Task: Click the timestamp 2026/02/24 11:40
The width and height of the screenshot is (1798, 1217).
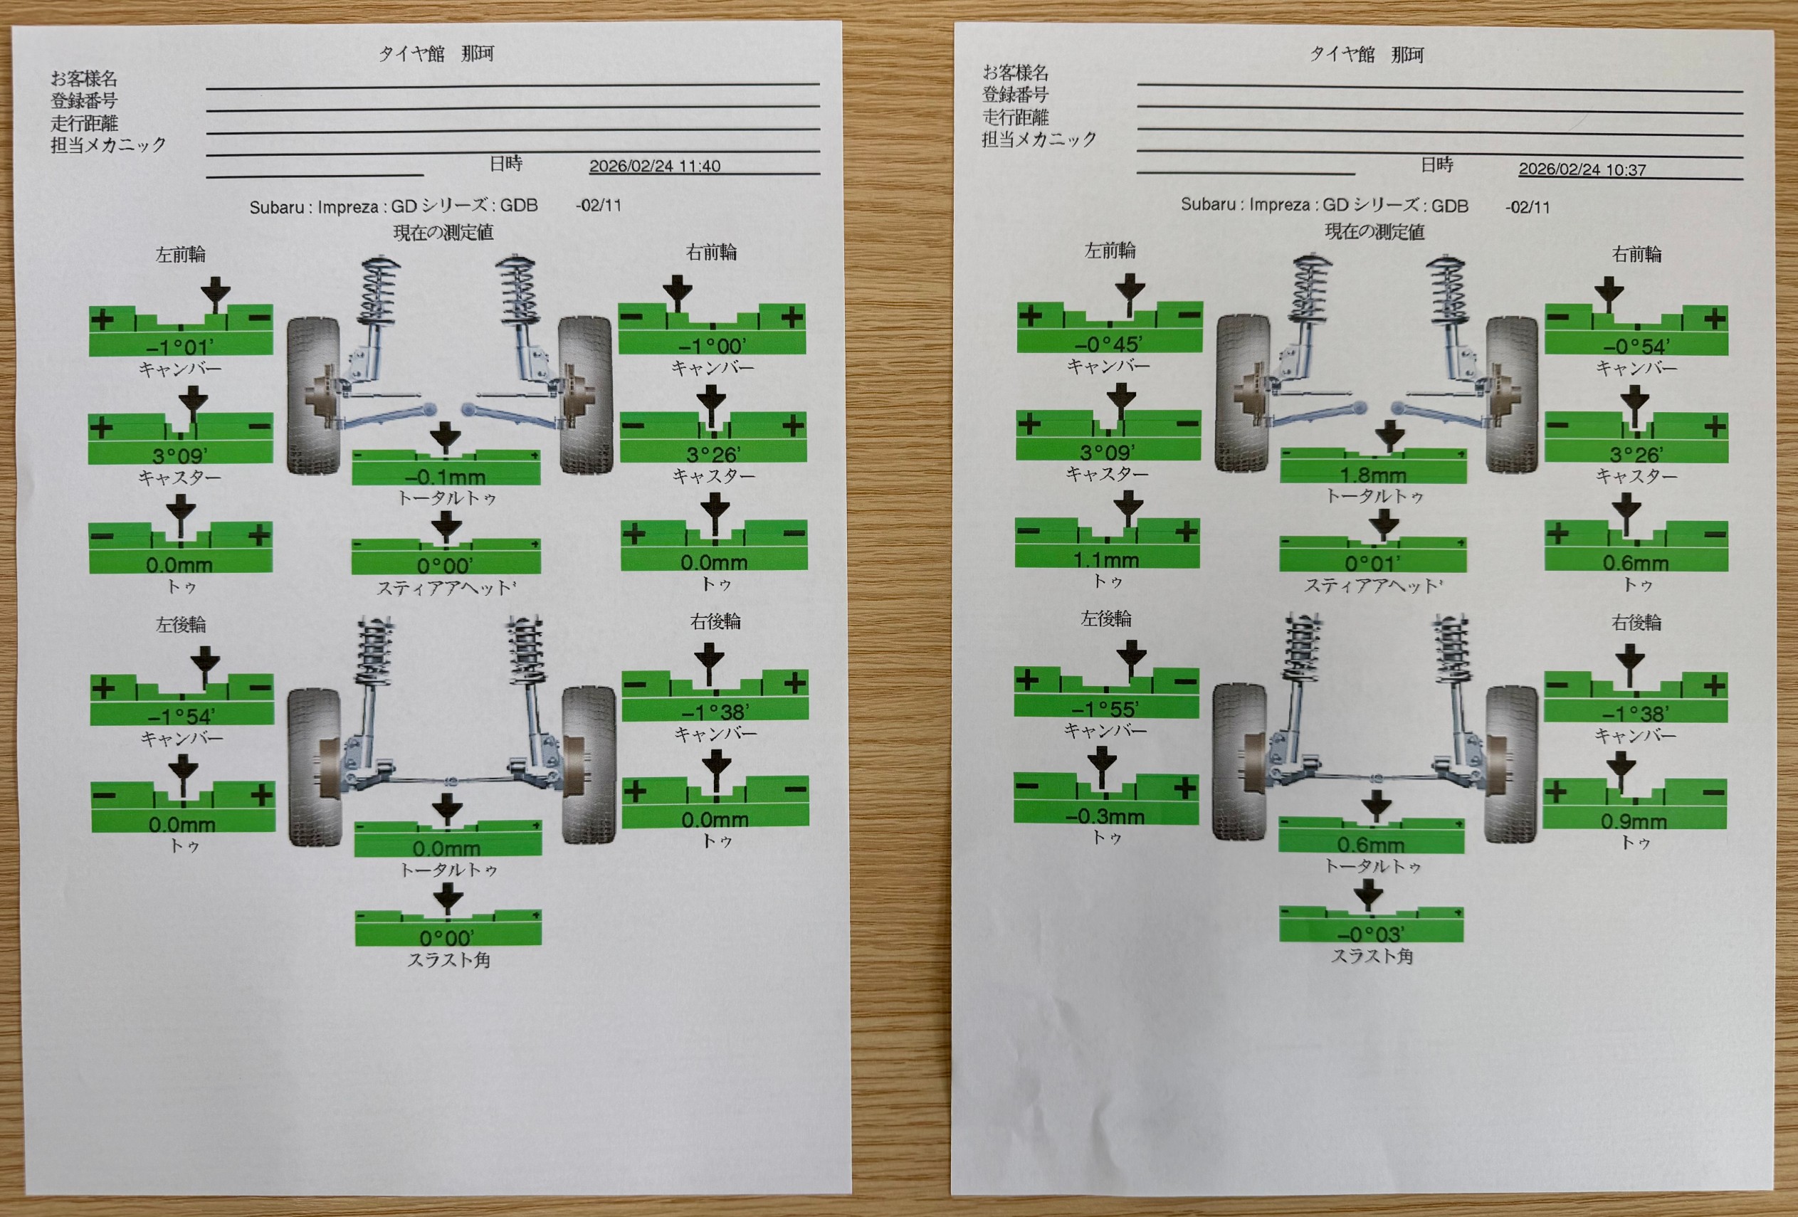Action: click(655, 167)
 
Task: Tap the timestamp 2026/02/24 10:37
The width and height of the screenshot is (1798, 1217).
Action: click(1582, 169)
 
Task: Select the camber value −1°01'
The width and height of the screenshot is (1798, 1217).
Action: click(180, 347)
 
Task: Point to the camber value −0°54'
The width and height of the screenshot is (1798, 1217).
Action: click(1636, 347)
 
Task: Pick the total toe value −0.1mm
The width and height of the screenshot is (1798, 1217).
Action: click(445, 477)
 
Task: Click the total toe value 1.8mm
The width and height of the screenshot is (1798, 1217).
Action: click(1372, 474)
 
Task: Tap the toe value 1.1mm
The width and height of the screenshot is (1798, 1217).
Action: click(1106, 559)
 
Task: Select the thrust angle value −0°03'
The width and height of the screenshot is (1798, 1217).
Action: click(1370, 934)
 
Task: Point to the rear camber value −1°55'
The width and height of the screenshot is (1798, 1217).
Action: click(1105, 710)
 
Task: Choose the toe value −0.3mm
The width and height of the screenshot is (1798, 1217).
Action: click(1105, 816)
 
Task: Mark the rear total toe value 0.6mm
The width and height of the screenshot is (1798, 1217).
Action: click(1369, 844)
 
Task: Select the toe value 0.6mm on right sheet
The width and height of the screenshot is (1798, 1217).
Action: click(1635, 563)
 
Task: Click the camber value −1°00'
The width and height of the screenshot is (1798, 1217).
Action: click(712, 346)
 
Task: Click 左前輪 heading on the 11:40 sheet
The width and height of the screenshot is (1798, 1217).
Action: click(180, 255)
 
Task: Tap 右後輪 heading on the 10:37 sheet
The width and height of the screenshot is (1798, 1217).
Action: click(1636, 622)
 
